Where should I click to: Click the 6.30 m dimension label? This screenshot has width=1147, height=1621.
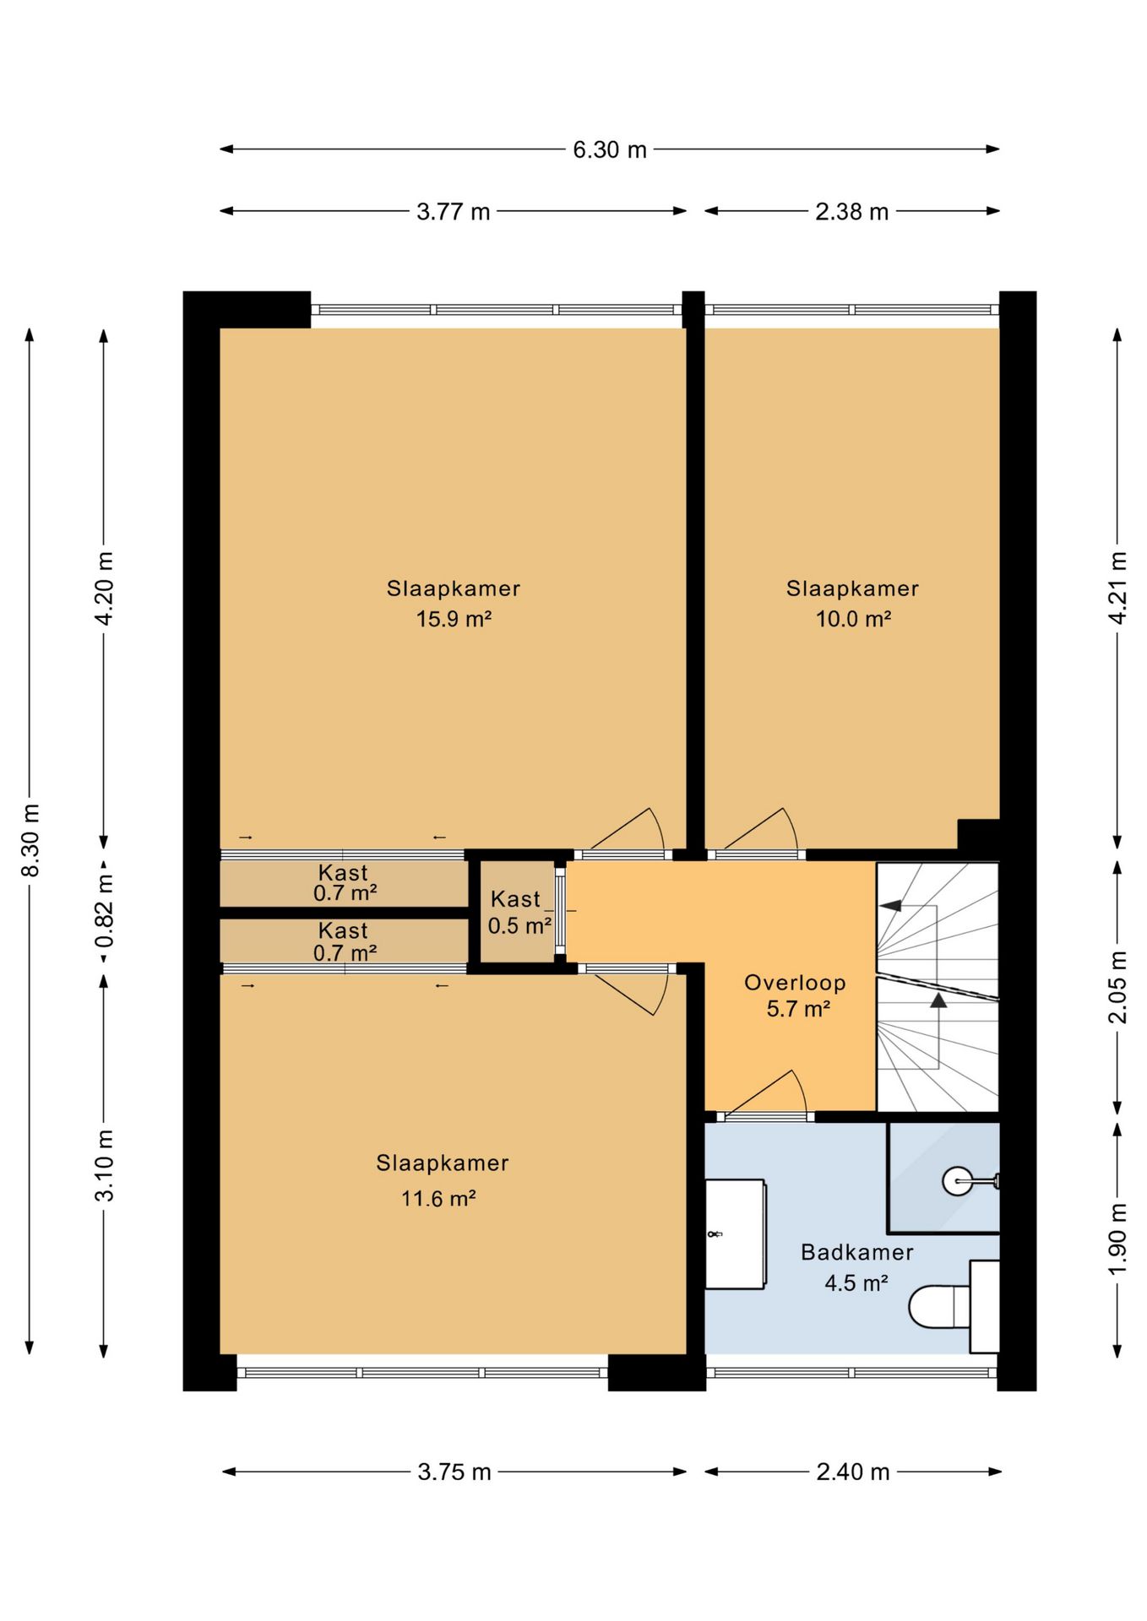pyautogui.click(x=609, y=149)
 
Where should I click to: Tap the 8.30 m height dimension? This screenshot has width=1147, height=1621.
pyautogui.click(x=30, y=840)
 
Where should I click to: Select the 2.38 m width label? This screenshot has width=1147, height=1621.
pyautogui.click(x=851, y=211)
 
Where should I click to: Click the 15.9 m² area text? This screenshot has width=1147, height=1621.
pyautogui.click(x=454, y=619)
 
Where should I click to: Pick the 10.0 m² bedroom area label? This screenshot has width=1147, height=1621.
pyautogui.click(x=853, y=619)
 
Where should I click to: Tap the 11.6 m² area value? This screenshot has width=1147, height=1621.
pyautogui.click(x=438, y=1198)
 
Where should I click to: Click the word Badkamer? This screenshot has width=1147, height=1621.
pyautogui.click(x=856, y=1252)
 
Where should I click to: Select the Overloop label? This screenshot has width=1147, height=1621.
pyautogui.click(x=795, y=982)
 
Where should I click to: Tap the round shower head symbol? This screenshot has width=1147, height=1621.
pyautogui.click(x=958, y=1180)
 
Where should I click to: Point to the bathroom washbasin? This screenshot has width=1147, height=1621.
pyautogui.click(x=735, y=1233)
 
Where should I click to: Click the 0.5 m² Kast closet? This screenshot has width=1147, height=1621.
pyautogui.click(x=516, y=912)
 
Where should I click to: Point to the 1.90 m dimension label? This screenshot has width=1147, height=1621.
pyautogui.click(x=1117, y=1239)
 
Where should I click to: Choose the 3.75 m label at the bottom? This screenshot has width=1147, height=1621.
pyautogui.click(x=454, y=1472)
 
